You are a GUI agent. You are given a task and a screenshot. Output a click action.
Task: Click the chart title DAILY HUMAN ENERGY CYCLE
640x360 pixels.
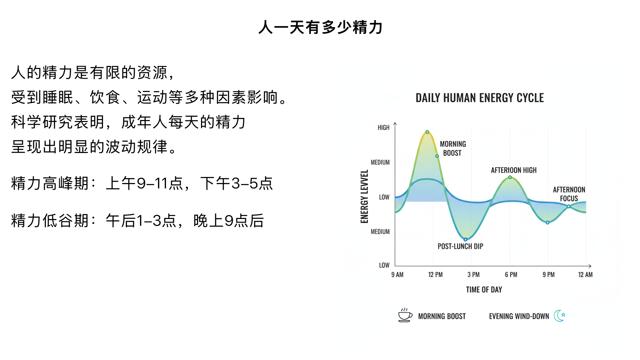click(479, 98)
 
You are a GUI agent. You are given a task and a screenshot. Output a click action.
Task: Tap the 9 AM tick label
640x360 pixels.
click(397, 275)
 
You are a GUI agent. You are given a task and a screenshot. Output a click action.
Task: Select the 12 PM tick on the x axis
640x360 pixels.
click(435, 275)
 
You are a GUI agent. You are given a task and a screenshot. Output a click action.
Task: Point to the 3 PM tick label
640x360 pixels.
click(473, 275)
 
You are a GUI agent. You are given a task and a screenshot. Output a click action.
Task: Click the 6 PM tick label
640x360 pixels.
click(511, 275)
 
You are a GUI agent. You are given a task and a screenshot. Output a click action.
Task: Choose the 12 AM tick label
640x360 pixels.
click(585, 275)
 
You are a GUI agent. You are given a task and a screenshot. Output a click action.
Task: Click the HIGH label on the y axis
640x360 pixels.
click(383, 128)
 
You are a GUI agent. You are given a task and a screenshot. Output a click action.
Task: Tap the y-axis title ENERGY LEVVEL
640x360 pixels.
click(364, 196)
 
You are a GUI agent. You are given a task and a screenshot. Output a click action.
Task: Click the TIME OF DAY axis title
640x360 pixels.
click(484, 290)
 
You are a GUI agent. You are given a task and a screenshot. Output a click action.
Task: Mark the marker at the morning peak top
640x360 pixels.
click(427, 132)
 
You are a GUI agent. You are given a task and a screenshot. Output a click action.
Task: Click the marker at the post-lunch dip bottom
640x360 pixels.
click(465, 239)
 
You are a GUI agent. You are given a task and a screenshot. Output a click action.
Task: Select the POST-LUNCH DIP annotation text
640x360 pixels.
click(460, 246)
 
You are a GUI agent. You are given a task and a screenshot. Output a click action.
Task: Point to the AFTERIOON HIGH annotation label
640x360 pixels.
click(513, 170)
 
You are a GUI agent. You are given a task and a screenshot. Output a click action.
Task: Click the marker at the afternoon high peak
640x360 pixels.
click(510, 177)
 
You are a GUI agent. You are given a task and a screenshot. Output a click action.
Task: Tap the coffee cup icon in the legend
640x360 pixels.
click(405, 315)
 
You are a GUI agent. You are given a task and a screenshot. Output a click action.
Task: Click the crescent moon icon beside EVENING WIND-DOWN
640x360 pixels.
click(559, 315)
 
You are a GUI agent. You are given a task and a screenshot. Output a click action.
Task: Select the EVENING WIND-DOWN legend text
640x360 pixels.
click(519, 316)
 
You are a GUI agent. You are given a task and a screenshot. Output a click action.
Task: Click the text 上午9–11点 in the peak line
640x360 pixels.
click(144, 184)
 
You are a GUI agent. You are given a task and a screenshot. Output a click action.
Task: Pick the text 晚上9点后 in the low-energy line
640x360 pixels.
click(229, 221)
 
